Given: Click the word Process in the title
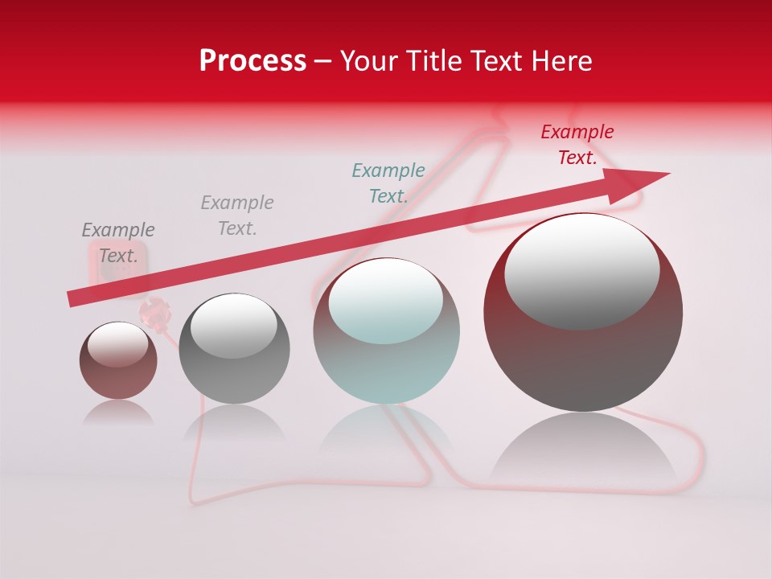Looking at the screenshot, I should click(253, 61).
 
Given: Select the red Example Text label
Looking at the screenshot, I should click(577, 145).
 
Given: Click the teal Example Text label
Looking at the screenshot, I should click(388, 183).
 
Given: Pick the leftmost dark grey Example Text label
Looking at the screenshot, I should click(118, 243).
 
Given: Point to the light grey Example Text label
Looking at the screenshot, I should click(237, 215).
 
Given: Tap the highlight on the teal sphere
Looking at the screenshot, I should click(385, 302).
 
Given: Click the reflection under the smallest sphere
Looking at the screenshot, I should click(118, 413).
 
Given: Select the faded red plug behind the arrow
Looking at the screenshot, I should click(154, 312).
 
